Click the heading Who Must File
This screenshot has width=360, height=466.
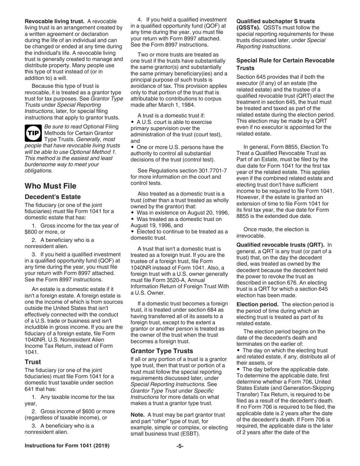(x=50, y=186)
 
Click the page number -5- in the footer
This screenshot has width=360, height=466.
(x=180, y=446)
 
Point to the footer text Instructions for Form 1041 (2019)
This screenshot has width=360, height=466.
(x=67, y=446)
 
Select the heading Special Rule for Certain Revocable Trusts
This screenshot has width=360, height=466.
(x=285, y=64)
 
